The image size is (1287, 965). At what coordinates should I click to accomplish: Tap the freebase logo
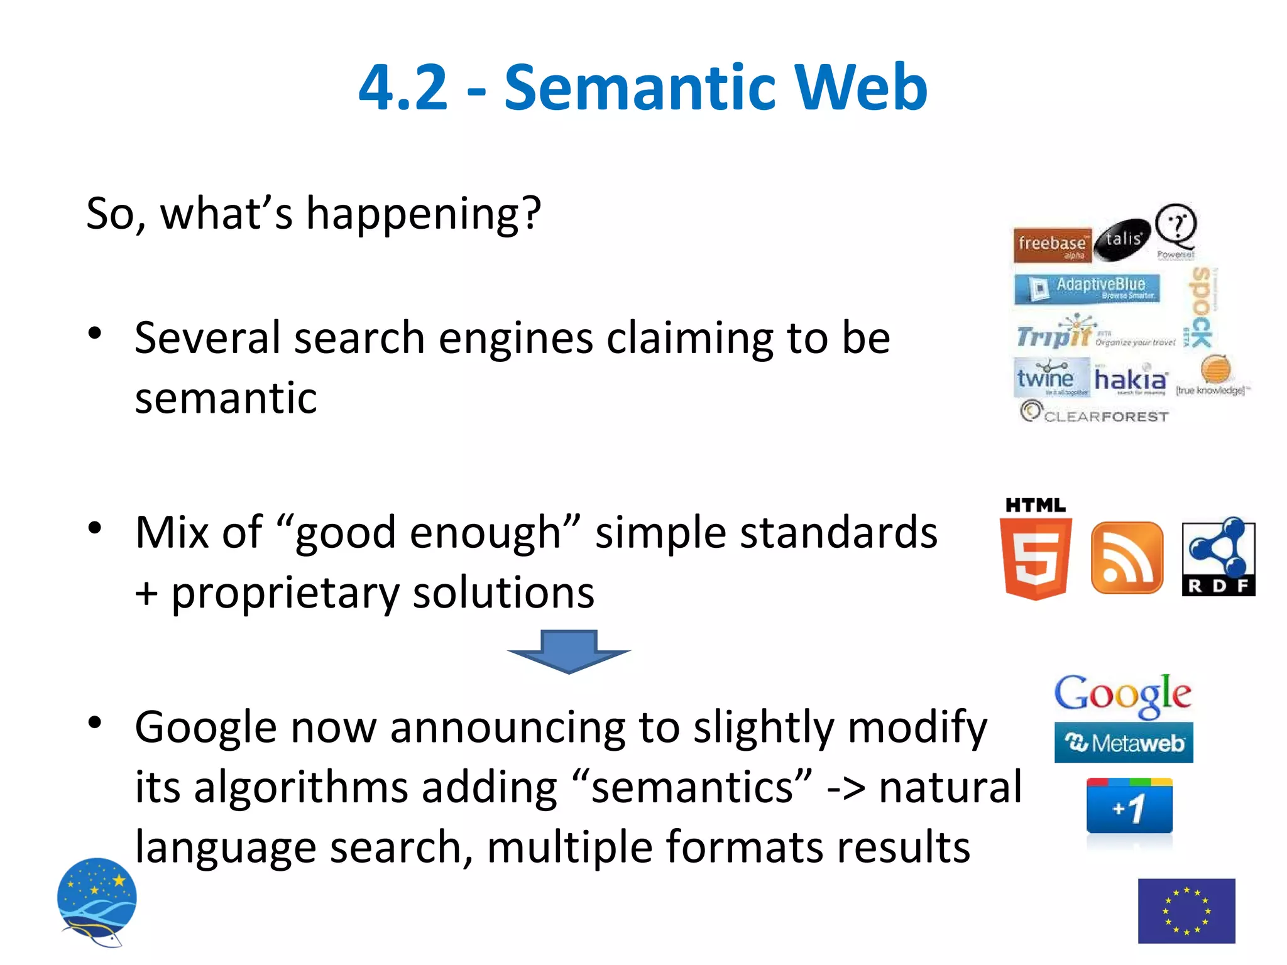coord(1052,244)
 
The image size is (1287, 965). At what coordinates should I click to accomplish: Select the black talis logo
coord(1122,240)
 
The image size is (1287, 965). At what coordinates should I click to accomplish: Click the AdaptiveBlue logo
coord(1087,288)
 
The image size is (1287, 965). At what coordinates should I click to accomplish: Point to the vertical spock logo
coord(1201,307)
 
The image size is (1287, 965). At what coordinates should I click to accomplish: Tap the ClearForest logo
coord(1094,414)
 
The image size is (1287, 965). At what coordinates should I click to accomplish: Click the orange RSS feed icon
coord(1127,558)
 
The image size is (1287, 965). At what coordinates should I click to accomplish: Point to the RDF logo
coord(1218,557)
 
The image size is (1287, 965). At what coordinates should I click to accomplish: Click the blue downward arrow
coord(569,652)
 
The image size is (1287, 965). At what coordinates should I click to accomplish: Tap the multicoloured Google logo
coord(1122,695)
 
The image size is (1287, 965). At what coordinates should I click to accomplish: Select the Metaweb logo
coord(1124,743)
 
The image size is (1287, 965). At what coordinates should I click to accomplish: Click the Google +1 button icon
coord(1129,807)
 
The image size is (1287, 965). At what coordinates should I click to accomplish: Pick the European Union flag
coord(1186,910)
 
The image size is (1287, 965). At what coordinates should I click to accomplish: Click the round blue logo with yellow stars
coord(97,900)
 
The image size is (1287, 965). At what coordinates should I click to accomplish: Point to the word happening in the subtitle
coord(422,214)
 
